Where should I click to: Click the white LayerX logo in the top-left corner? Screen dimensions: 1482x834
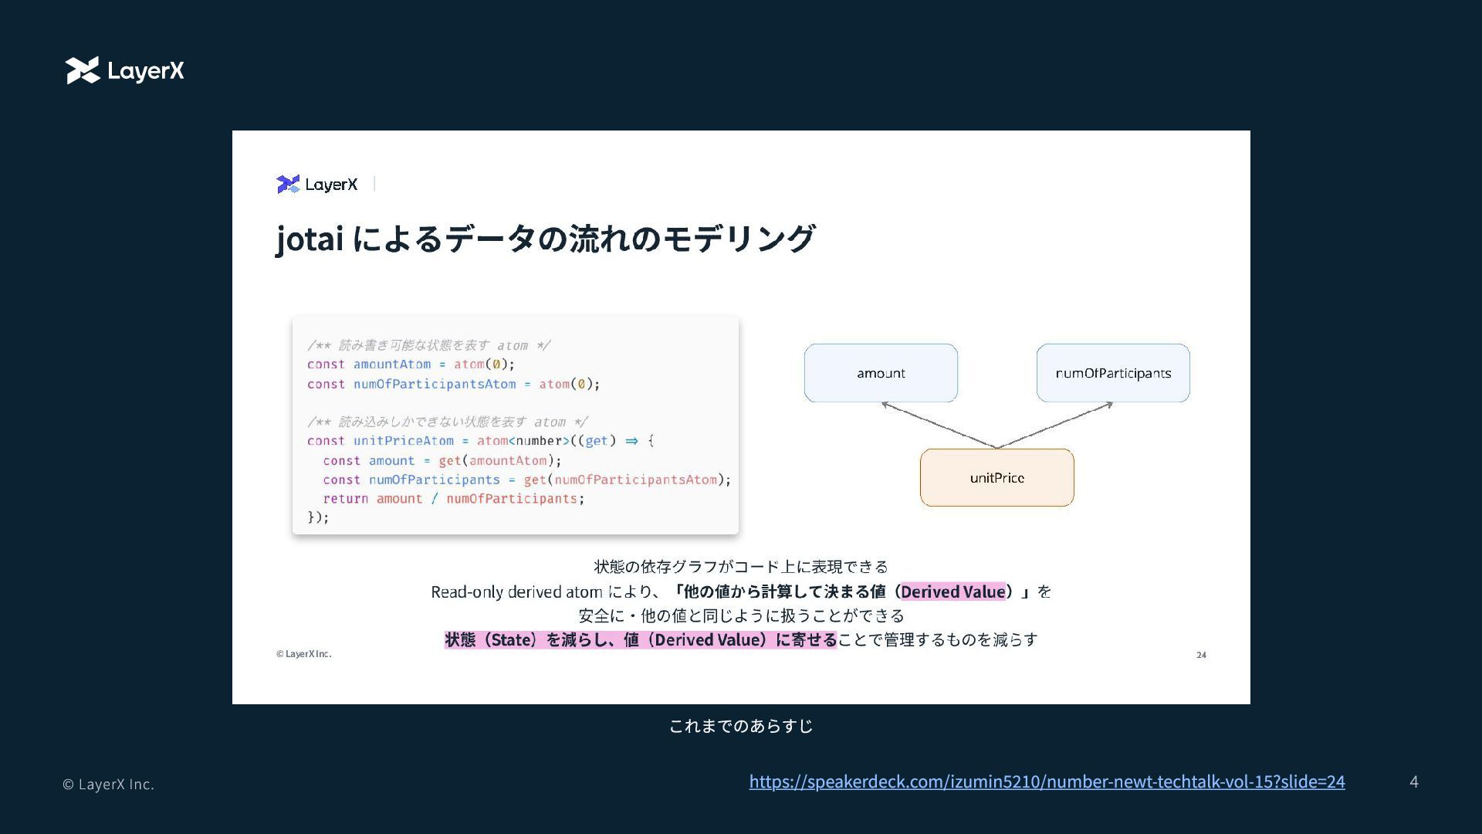pyautogui.click(x=125, y=70)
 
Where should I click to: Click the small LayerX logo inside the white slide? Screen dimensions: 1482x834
pyautogui.click(x=317, y=184)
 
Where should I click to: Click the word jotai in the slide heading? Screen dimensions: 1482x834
pyautogui.click(x=310, y=238)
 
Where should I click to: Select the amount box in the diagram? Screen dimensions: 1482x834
pyautogui.click(x=881, y=373)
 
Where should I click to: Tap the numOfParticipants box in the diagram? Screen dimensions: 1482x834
pyautogui.click(x=1112, y=373)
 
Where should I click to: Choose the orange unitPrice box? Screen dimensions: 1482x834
pyautogui.click(x=996, y=478)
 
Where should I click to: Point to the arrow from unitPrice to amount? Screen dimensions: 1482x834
pyautogui.click(x=938, y=425)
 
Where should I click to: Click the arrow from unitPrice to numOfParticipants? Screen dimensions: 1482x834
pyautogui.click(x=1055, y=425)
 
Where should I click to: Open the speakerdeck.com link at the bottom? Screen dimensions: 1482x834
pyautogui.click(x=1047, y=781)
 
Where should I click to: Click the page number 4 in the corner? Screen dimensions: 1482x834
pyautogui.click(x=1413, y=781)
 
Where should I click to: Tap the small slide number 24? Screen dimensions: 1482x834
pyautogui.click(x=1201, y=655)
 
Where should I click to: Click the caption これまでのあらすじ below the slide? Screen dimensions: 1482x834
pyautogui.click(x=741, y=726)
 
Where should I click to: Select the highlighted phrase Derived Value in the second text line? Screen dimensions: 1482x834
pyautogui.click(x=952, y=592)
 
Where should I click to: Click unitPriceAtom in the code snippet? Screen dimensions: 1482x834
pyautogui.click(x=404, y=441)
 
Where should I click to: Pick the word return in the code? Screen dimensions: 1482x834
pyautogui.click(x=345, y=499)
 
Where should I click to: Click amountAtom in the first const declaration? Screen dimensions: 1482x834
pyautogui.click(x=392, y=364)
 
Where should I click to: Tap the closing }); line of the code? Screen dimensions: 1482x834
pyautogui.click(x=318, y=517)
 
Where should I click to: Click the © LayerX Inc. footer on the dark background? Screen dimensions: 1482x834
pyautogui.click(x=108, y=785)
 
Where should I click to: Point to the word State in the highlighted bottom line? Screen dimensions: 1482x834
pyautogui.click(x=512, y=640)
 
